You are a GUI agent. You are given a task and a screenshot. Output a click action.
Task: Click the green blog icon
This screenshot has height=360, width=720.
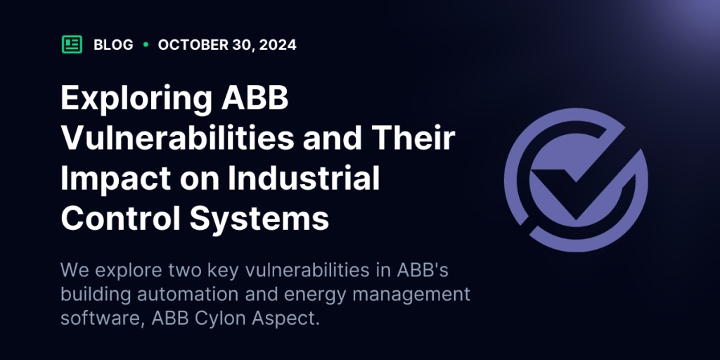coord(72,44)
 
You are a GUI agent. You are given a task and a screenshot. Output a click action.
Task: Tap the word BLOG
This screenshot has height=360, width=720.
coord(113,45)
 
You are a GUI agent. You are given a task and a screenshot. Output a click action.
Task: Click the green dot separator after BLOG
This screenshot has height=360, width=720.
coord(146,44)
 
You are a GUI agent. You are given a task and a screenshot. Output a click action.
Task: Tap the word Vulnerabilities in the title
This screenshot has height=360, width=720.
coord(177,139)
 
